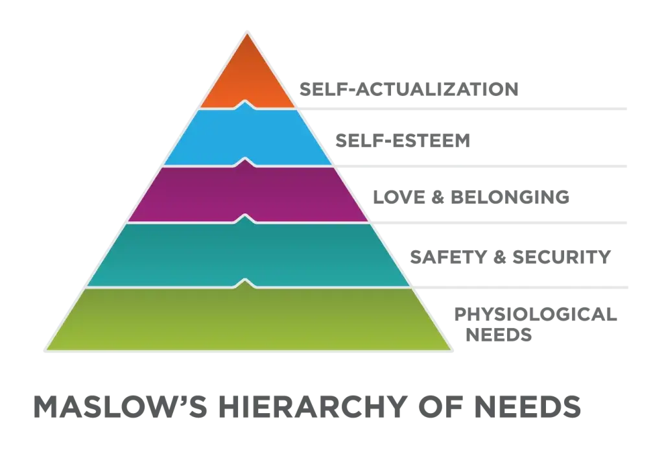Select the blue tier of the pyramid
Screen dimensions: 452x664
click(247, 136)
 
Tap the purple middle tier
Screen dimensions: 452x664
click(247, 193)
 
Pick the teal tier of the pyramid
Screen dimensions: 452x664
click(247, 254)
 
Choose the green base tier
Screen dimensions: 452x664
click(247, 319)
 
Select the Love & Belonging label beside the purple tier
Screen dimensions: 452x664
click(472, 196)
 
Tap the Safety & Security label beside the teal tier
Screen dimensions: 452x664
click(510, 257)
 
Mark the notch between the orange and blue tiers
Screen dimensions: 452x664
click(247, 103)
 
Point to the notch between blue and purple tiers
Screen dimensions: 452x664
click(247, 160)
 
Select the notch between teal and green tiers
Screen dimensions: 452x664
click(247, 282)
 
